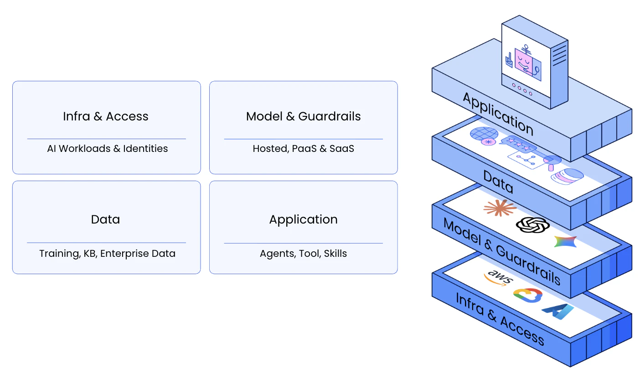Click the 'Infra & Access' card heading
pos(106,116)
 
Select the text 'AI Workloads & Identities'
pos(108,149)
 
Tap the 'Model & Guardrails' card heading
pos(303,116)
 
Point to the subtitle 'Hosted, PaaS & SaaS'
pos(303,149)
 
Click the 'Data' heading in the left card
pos(105,219)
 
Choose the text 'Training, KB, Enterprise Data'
pos(107,254)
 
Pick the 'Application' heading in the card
pos(303,219)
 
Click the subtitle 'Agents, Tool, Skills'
pos(303,254)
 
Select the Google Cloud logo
pos(528,295)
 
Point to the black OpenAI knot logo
pos(532,224)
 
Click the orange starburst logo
pos(500,208)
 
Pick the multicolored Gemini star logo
pos(565,241)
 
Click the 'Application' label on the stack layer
pos(498,114)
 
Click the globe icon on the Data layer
pos(484,134)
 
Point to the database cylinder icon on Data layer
pos(567,176)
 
